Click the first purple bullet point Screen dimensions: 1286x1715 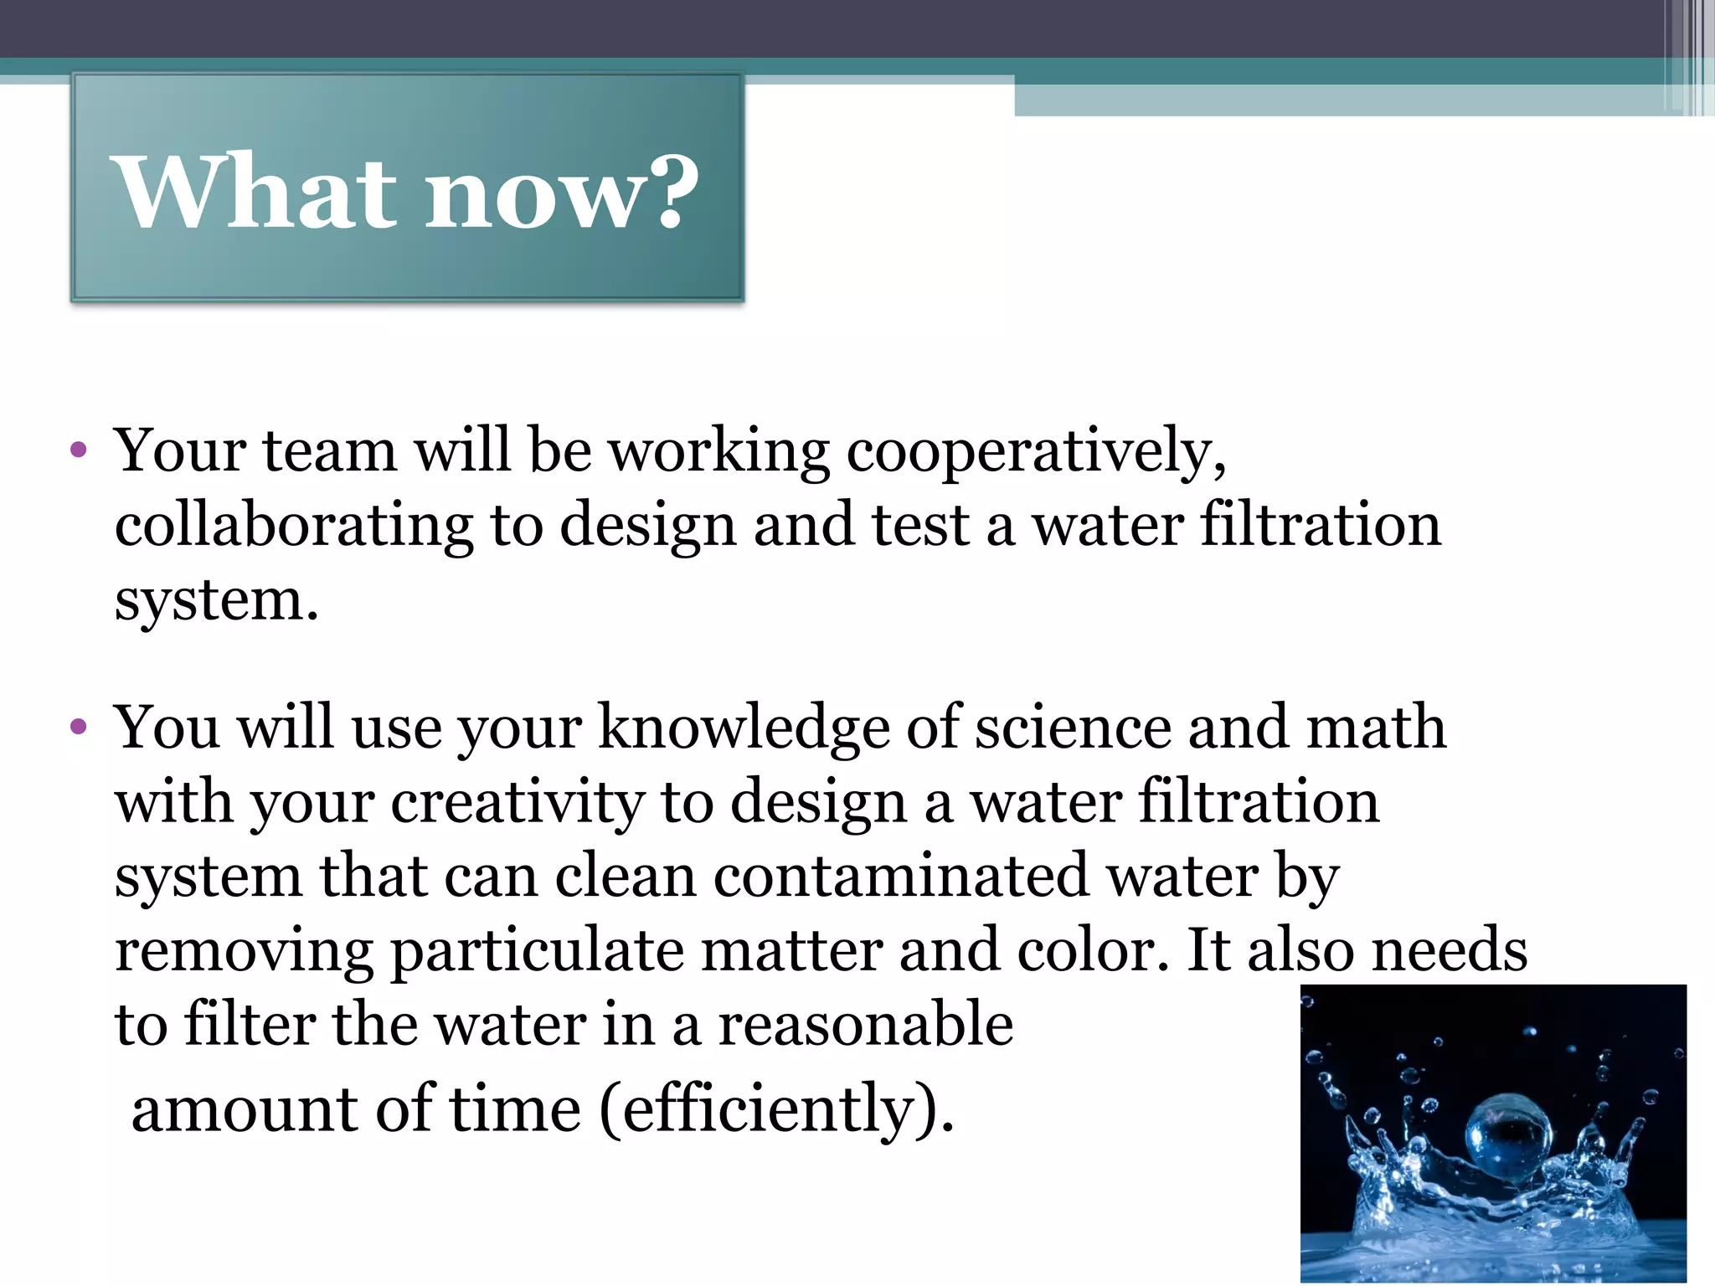click(79, 451)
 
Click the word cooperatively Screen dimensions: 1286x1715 click(1036, 453)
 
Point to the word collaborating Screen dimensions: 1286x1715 click(294, 527)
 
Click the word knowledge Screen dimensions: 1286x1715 click(743, 728)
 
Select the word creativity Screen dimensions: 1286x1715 click(517, 803)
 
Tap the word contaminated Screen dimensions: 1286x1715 click(901, 877)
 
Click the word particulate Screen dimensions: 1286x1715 click(537, 951)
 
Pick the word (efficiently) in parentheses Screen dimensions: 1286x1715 click(777, 1109)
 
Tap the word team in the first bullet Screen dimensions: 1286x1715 click(330, 451)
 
